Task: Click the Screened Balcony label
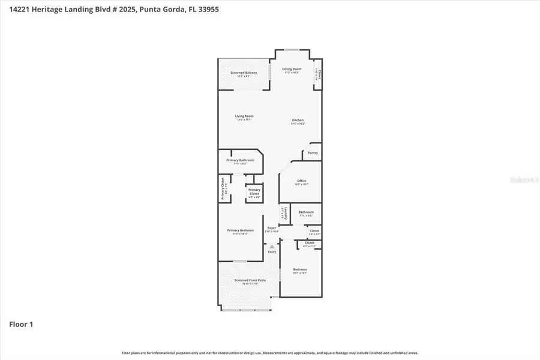[244, 73]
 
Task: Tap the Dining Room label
[292, 69]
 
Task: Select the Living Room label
[244, 116]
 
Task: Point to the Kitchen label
[298, 120]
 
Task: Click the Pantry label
[313, 153]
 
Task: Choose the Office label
[302, 181]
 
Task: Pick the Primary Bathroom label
[240, 160]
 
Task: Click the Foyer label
[272, 227]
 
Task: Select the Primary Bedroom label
[240, 230]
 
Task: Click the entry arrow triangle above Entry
[272, 246]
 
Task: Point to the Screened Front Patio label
[245, 280]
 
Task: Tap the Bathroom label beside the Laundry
[306, 212]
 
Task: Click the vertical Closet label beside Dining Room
[319, 75]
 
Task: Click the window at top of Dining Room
[292, 50]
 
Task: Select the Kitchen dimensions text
[298, 124]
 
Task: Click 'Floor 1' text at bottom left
[21, 325]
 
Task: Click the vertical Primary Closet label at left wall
[222, 189]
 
